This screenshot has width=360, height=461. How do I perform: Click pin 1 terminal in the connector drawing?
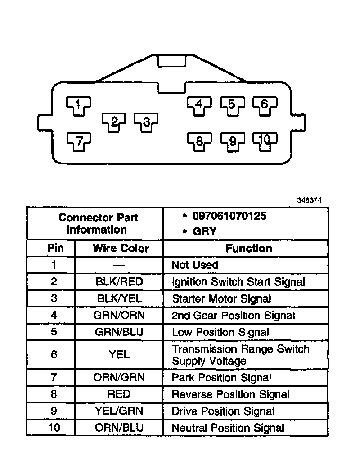coord(78,105)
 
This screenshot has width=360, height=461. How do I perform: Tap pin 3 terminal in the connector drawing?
coord(146,122)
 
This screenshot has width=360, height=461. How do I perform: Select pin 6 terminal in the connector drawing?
coord(264,105)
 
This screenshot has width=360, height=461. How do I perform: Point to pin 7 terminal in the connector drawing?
coord(79,142)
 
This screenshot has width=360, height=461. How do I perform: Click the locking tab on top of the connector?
coord(171,61)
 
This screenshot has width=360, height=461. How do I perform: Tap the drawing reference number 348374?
coord(309,200)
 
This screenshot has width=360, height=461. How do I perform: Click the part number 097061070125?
coord(229,216)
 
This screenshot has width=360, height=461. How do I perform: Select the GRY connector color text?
coord(205,231)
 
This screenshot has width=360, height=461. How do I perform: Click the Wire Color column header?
coord(121,248)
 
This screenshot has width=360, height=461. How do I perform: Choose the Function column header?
coord(249,248)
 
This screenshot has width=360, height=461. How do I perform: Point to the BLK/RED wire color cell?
coord(119,282)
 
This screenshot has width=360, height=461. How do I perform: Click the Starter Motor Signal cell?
coord(221,298)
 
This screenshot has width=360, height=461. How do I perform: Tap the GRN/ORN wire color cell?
coord(119,315)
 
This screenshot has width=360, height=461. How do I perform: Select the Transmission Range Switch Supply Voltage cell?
coord(240,355)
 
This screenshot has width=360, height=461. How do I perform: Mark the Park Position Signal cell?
coord(221,377)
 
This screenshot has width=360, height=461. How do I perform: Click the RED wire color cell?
coord(119,394)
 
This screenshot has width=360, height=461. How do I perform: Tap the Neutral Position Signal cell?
coord(228,428)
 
